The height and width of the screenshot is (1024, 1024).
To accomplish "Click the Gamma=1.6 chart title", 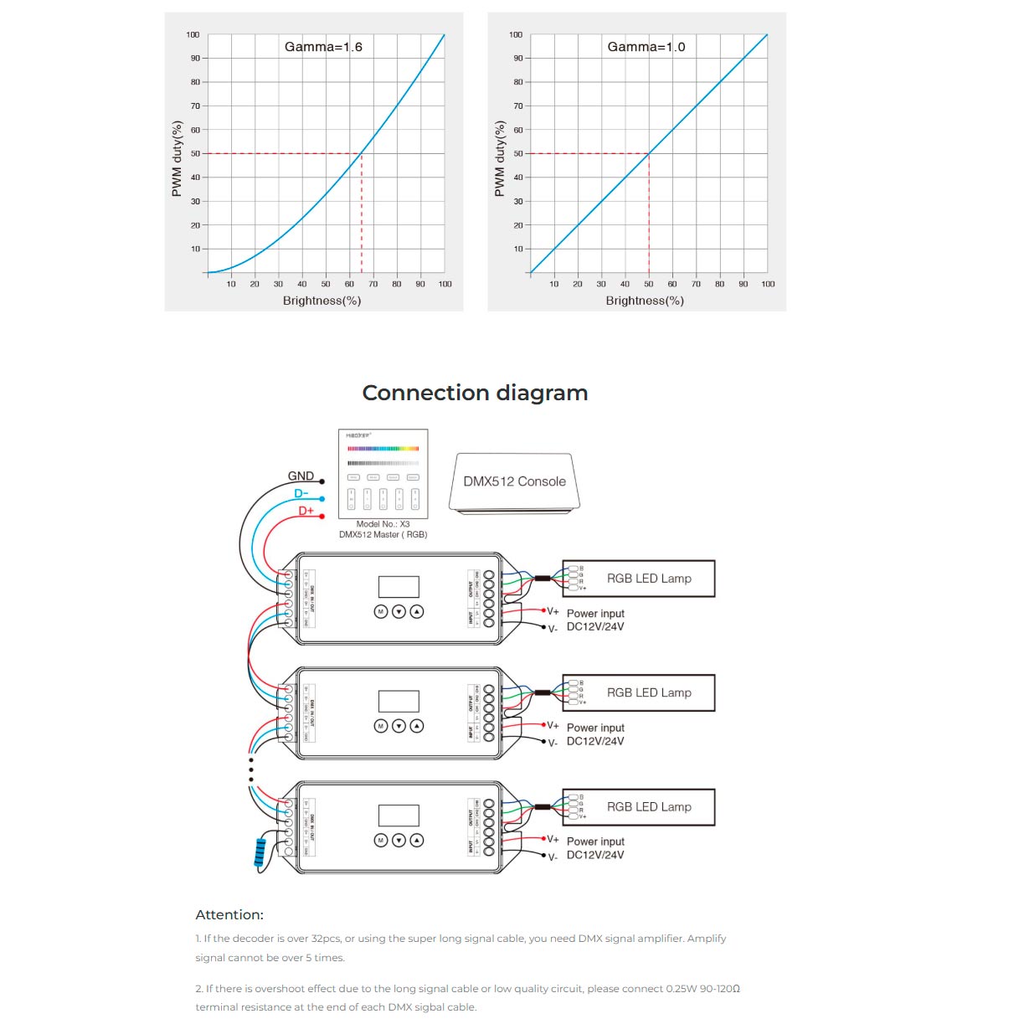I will pyautogui.click(x=323, y=47).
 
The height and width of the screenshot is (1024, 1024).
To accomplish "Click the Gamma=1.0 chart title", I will pyautogui.click(x=646, y=47).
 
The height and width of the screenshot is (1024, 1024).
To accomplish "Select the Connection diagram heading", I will pyautogui.click(x=475, y=393).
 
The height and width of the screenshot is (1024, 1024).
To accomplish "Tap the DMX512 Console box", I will pyautogui.click(x=514, y=481).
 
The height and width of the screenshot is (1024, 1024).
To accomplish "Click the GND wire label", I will pyautogui.click(x=301, y=476).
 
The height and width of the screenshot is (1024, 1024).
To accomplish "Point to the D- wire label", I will pyautogui.click(x=301, y=493).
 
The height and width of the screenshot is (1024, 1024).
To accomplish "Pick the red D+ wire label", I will pyautogui.click(x=306, y=510).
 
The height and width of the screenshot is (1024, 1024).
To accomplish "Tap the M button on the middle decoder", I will pyautogui.click(x=381, y=726).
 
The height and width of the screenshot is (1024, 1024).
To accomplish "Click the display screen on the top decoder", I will pyautogui.click(x=399, y=587).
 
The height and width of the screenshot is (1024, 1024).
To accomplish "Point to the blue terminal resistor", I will pyautogui.click(x=260, y=853).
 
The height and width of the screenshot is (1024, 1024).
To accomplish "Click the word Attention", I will pyautogui.click(x=229, y=914).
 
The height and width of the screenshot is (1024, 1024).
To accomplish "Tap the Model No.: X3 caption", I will pyautogui.click(x=383, y=524).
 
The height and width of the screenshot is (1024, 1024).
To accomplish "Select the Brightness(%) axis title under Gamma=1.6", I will pyautogui.click(x=322, y=301).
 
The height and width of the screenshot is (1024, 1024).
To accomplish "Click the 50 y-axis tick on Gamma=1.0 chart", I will pyautogui.click(x=518, y=154).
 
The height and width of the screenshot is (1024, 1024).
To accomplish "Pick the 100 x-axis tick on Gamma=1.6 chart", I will pyautogui.click(x=445, y=284).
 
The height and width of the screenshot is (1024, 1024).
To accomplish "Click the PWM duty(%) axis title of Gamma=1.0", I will pyautogui.click(x=500, y=159).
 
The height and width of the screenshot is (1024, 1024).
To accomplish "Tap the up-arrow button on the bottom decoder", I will pyautogui.click(x=417, y=840).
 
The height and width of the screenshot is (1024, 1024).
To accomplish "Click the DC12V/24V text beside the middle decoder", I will pyautogui.click(x=595, y=741).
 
